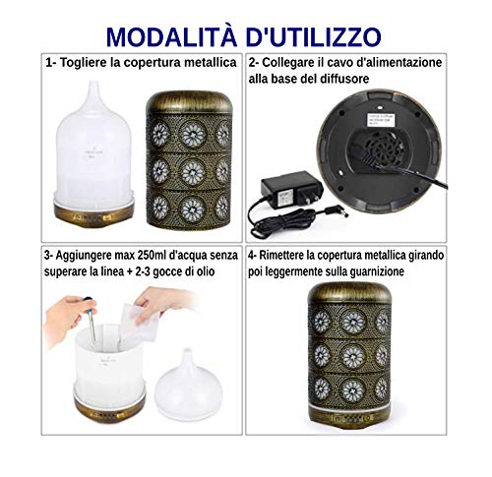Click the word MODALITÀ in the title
click(168, 36)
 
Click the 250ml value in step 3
click(161, 257)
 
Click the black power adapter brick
click(281, 189)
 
